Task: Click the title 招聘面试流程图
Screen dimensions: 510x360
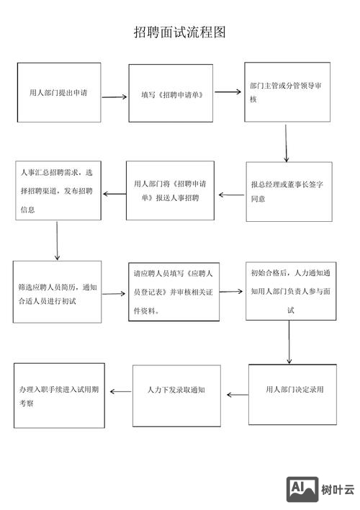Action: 180,32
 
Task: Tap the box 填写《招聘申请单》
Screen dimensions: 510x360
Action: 171,94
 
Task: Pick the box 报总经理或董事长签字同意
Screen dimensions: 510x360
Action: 289,191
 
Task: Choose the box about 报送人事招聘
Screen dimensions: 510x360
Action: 170,190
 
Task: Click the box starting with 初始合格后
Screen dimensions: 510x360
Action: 290,291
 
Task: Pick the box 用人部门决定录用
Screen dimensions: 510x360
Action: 292,393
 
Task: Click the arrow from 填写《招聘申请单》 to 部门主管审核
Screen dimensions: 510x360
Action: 227,92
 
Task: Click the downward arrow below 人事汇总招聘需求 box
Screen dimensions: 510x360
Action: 57,241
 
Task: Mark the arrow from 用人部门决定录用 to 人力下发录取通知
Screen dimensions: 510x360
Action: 238,394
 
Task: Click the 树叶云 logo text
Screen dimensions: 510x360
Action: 339,490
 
